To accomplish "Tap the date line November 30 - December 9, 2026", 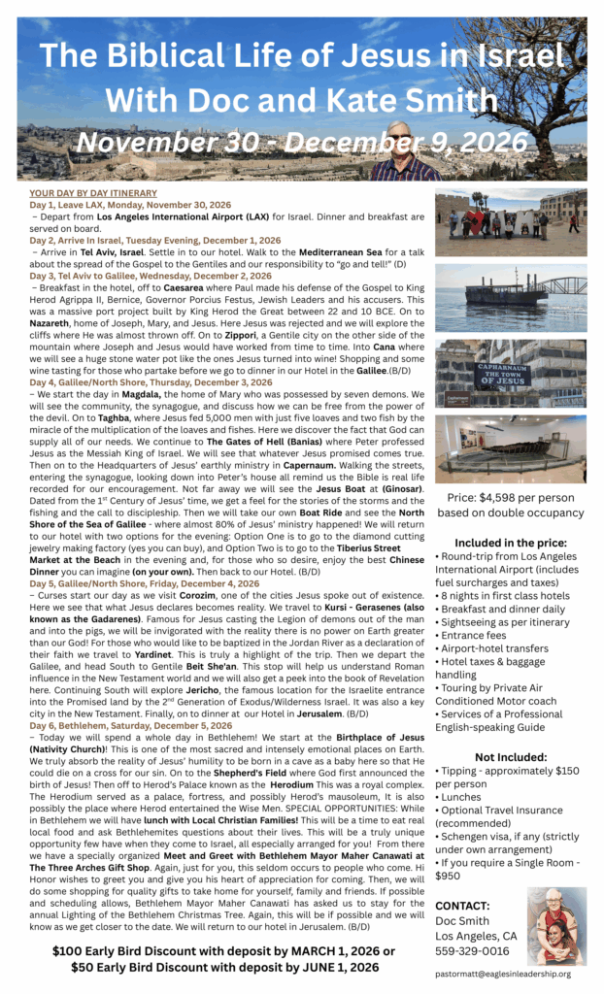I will pyautogui.click(x=302, y=143).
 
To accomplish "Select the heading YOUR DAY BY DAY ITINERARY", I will pyautogui.click(x=92, y=194).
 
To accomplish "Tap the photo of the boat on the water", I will pyautogui.click(x=510, y=296).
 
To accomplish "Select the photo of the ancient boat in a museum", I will pyautogui.click(x=510, y=448).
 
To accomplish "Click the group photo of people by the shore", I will pyautogui.click(x=510, y=222).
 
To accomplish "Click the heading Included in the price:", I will pyautogui.click(x=510, y=544).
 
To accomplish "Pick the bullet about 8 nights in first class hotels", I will pyautogui.click(x=502, y=596).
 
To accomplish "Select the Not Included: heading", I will pyautogui.click(x=510, y=757).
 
